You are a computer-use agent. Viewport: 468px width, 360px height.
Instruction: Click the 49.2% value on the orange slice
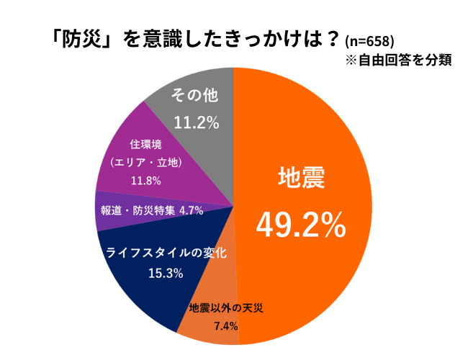[301, 227]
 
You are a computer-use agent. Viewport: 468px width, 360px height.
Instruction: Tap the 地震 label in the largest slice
[301, 179]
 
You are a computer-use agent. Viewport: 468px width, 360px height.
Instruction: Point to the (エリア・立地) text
[145, 163]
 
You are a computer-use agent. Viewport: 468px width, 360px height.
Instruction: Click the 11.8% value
[145, 181]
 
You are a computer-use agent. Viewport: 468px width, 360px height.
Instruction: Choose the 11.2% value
[194, 122]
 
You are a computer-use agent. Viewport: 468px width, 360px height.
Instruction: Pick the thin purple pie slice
[108, 212]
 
